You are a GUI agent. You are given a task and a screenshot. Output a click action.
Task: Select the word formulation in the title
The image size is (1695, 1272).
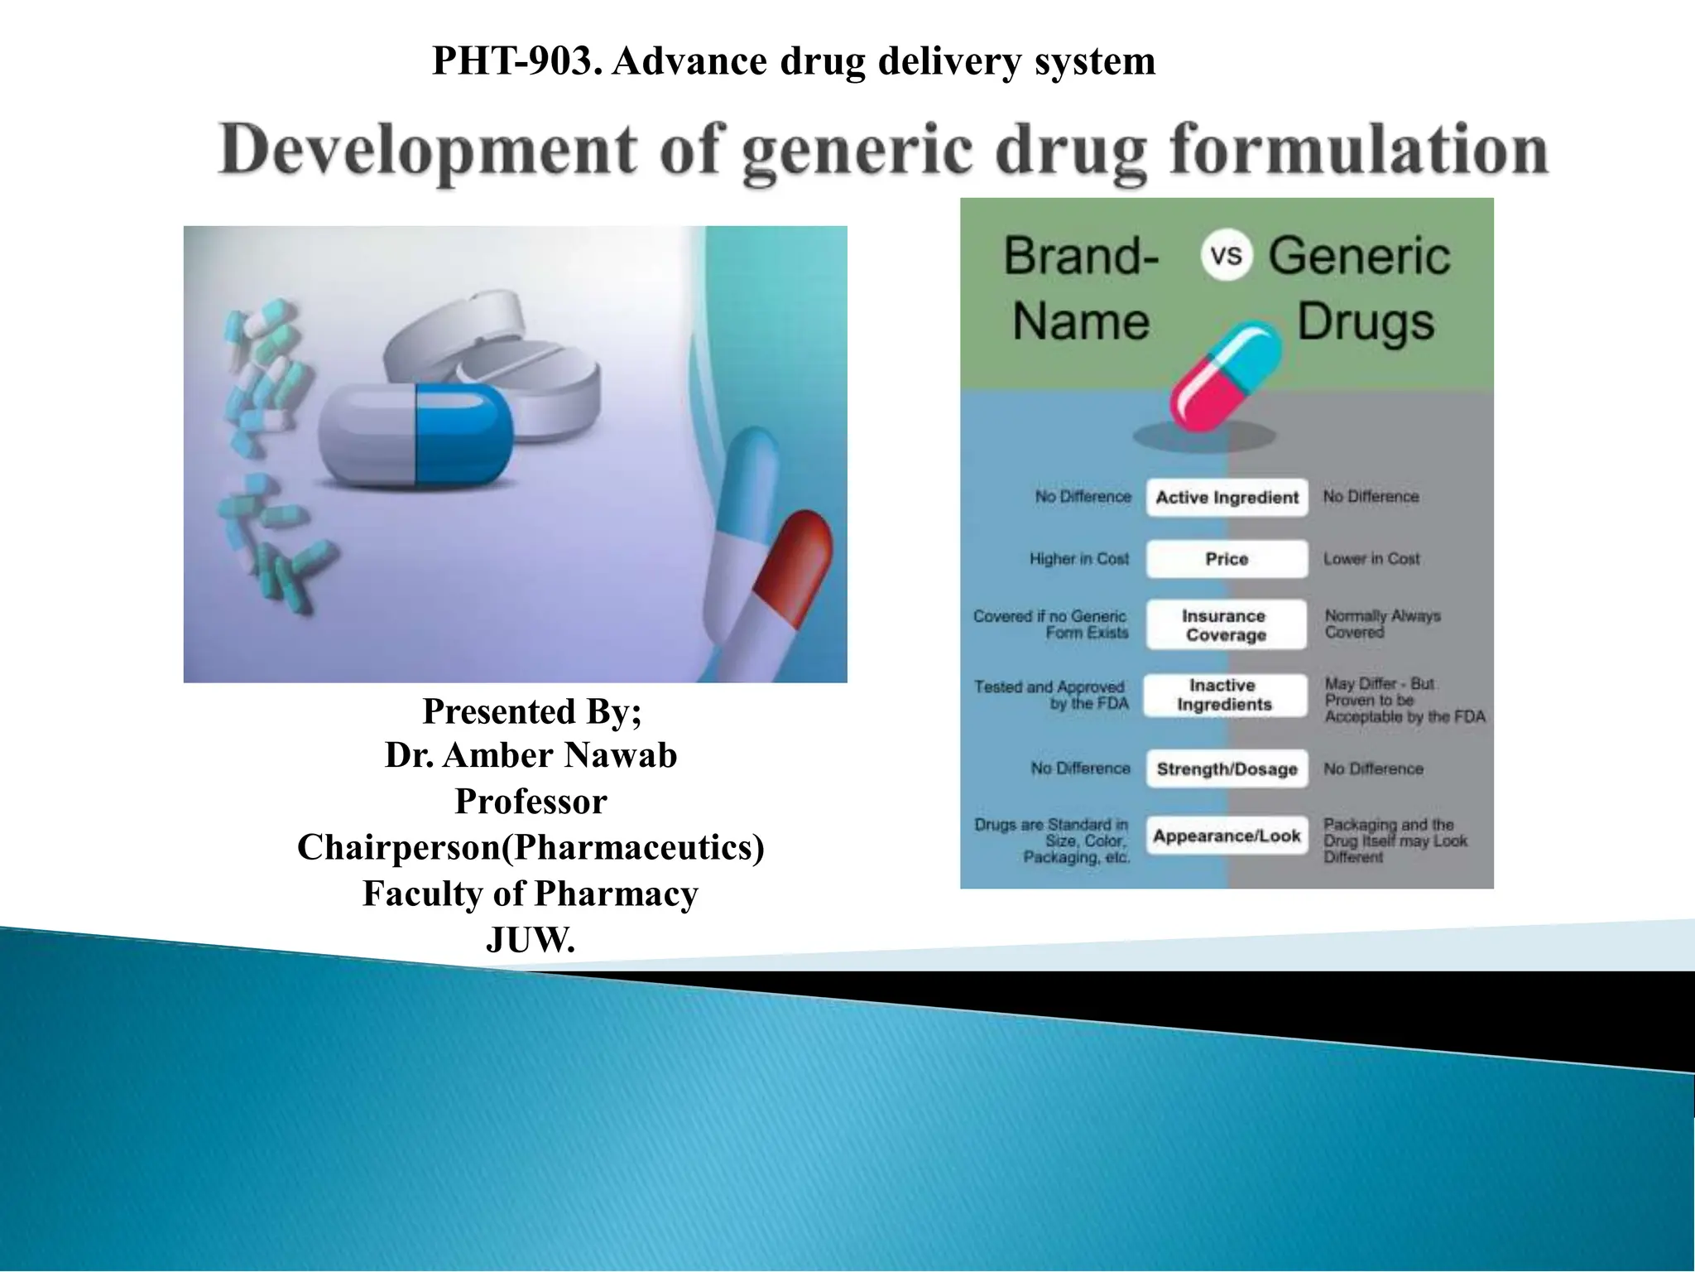1358,150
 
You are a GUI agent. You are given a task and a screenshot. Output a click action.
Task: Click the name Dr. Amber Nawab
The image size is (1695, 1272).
531,755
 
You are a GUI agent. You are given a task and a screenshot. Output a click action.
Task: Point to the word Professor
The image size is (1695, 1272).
531,802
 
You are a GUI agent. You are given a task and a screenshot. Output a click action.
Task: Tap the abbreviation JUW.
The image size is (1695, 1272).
531,940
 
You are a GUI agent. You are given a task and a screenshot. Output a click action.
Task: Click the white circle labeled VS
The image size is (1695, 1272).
1226,254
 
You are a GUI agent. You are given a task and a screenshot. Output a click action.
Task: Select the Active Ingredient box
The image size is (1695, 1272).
1227,498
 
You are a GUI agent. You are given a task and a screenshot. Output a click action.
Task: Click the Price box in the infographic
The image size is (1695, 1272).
1227,559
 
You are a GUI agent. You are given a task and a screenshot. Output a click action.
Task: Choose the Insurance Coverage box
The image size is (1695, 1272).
1225,625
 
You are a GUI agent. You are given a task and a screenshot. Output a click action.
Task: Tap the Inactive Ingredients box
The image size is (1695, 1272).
1224,695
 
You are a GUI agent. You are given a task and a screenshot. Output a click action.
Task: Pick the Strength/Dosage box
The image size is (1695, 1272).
1227,768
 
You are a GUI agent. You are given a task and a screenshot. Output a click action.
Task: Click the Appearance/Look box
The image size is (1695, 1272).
1227,836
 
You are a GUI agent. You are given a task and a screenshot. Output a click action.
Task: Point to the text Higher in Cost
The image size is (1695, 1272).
1078,559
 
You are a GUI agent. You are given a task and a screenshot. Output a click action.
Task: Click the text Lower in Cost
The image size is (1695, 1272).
1371,559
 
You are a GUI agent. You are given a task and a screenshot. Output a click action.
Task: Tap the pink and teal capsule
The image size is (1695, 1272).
1226,375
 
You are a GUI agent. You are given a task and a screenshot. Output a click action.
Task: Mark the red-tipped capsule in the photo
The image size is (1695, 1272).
790,571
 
